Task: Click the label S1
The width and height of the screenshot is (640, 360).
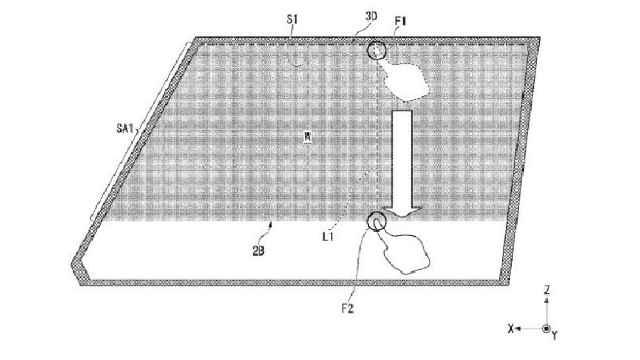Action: [x=292, y=19]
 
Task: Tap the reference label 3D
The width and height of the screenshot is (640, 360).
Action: [x=371, y=16]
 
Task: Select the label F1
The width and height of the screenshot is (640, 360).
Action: [x=400, y=20]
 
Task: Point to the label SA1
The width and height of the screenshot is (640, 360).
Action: [x=125, y=129]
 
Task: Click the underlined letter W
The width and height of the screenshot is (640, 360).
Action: [x=308, y=137]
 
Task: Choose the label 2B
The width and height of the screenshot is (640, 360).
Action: [x=258, y=251]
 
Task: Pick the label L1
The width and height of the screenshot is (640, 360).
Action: [x=328, y=237]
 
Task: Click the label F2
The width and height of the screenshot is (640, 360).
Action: [x=347, y=308]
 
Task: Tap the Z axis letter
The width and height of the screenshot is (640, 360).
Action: [x=547, y=290]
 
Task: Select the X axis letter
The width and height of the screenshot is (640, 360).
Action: [x=511, y=328]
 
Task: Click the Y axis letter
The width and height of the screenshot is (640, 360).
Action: [x=554, y=336]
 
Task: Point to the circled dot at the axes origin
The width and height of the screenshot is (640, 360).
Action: [x=547, y=328]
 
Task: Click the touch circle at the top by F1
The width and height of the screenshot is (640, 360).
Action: [x=368, y=50]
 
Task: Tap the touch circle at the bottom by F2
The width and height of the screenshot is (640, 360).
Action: [x=368, y=221]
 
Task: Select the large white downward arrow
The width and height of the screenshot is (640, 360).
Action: [x=402, y=163]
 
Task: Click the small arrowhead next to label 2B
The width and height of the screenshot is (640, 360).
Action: [x=271, y=223]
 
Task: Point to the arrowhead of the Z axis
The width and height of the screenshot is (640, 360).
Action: [x=547, y=299]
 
